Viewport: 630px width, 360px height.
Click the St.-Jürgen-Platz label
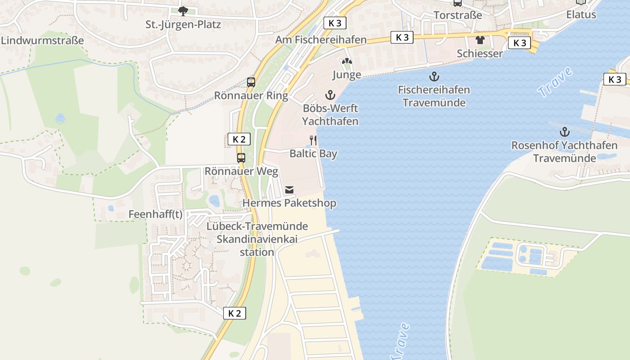pyautogui.click(x=183, y=24)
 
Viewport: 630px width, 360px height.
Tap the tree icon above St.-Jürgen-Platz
pyautogui.click(x=182, y=11)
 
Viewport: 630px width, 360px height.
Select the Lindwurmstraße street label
pyautogui.click(x=42, y=40)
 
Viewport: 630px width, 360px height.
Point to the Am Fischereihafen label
pyautogui.click(x=321, y=40)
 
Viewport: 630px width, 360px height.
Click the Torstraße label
pyautogui.click(x=458, y=15)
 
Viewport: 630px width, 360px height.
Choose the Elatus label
pyautogui.click(x=581, y=14)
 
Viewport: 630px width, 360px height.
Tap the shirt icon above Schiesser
pyautogui.click(x=480, y=40)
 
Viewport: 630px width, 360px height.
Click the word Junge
pyautogui.click(x=346, y=75)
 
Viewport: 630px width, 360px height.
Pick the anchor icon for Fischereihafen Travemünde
pyautogui.click(x=434, y=76)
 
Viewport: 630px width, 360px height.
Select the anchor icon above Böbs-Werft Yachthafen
pyautogui.click(x=330, y=95)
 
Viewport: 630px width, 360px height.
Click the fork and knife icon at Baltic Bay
pyautogui.click(x=313, y=140)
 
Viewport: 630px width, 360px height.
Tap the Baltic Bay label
pyautogui.click(x=313, y=153)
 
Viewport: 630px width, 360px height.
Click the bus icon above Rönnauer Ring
pyautogui.click(x=251, y=82)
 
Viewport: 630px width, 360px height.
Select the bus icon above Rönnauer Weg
pyautogui.click(x=241, y=158)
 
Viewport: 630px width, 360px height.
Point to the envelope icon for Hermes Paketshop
pyautogui.click(x=289, y=190)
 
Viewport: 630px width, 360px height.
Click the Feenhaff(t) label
pyautogui.click(x=155, y=214)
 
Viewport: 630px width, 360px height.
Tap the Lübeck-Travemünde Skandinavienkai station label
pyautogui.click(x=257, y=239)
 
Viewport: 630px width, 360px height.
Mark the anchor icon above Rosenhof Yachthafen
pyautogui.click(x=564, y=132)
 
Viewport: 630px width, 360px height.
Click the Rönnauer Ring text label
pyautogui.click(x=251, y=95)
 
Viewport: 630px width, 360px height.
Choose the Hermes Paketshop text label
pyautogui.click(x=289, y=203)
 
